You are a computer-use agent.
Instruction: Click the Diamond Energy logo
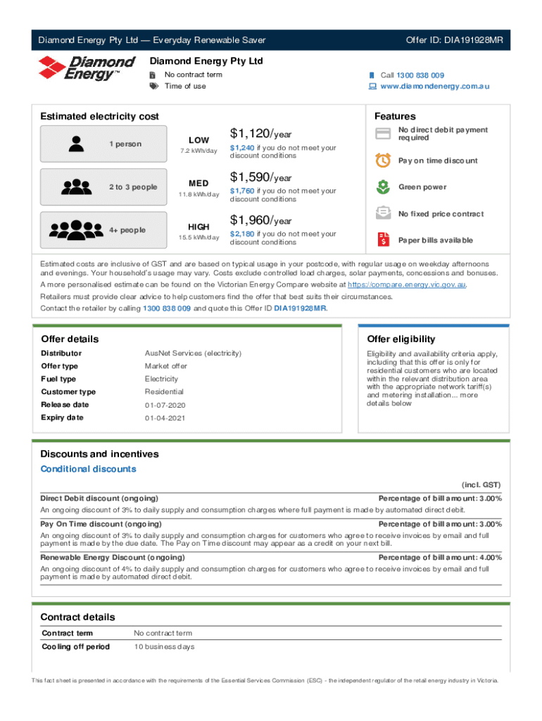click(x=86, y=69)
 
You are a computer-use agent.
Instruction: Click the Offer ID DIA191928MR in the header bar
click(x=454, y=40)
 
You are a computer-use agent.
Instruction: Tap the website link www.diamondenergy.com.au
click(x=434, y=87)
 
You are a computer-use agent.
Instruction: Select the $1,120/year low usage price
click(x=260, y=134)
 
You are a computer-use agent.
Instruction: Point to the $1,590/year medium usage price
click(x=260, y=177)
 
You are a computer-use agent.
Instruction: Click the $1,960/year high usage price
click(x=260, y=220)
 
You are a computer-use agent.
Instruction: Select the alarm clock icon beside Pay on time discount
click(x=383, y=161)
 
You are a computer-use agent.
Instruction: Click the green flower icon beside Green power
click(x=383, y=187)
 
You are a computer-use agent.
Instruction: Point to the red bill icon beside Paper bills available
click(x=383, y=240)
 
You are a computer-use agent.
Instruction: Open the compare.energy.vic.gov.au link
click(x=407, y=285)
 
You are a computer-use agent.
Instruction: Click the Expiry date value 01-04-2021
click(x=164, y=418)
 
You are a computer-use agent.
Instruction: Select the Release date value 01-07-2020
click(x=164, y=405)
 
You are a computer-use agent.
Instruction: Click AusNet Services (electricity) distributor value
click(x=193, y=353)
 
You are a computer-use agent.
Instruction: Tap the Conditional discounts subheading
click(x=88, y=469)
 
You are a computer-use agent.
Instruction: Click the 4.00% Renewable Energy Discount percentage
click(x=489, y=557)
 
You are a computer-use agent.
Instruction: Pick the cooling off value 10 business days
click(x=164, y=647)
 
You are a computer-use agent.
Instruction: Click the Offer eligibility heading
click(x=401, y=339)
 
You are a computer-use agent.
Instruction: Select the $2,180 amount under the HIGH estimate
click(x=242, y=234)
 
